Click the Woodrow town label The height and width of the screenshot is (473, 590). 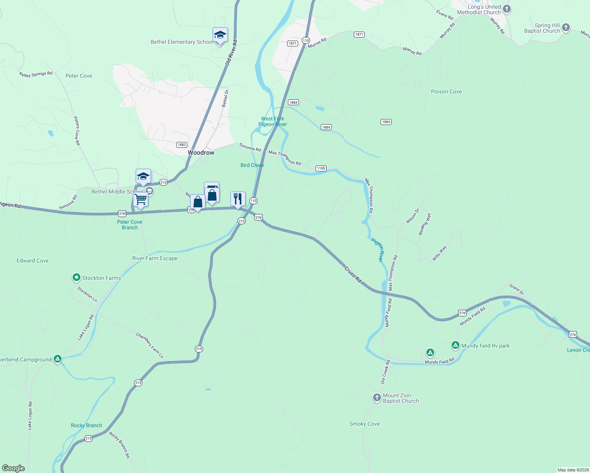click(201, 153)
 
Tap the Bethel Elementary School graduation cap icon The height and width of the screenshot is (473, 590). click(220, 35)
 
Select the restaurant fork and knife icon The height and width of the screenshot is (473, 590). click(238, 199)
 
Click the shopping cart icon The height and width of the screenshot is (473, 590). click(141, 199)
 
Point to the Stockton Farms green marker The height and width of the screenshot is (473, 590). click(76, 277)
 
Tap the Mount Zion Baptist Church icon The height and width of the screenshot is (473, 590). click(377, 397)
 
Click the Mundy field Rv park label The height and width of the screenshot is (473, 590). click(485, 346)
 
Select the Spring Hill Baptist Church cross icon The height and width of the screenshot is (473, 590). click(566, 27)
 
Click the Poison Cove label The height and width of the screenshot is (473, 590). click(446, 91)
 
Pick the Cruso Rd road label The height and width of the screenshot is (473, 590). click(353, 274)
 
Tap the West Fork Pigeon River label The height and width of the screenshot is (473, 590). click(273, 121)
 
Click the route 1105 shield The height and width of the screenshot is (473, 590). click(321, 168)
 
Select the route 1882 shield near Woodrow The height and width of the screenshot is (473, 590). click(181, 145)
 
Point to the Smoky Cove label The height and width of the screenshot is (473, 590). click(364, 424)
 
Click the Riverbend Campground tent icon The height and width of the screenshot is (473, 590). click(58, 359)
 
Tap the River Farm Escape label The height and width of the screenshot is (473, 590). click(155, 258)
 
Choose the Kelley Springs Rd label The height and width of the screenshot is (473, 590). click(36, 74)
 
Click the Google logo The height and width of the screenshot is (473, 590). click(13, 468)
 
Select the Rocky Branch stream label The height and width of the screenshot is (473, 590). click(86, 425)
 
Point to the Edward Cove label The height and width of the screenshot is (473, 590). click(33, 261)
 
